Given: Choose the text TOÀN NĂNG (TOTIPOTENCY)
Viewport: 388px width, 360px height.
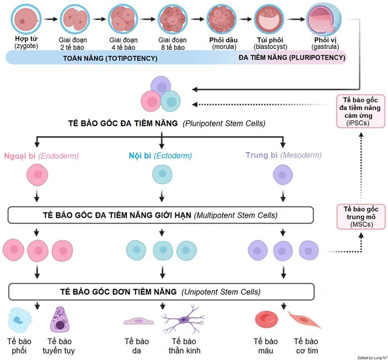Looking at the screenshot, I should pyautogui.click(x=110, y=58).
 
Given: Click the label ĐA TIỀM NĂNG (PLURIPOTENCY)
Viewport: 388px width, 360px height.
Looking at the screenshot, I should pyautogui.click(x=291, y=58).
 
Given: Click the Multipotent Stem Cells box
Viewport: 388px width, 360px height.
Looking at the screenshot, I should pyautogui.click(x=161, y=215).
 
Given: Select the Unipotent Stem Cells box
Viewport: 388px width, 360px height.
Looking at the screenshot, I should pyautogui.click(x=161, y=291).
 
